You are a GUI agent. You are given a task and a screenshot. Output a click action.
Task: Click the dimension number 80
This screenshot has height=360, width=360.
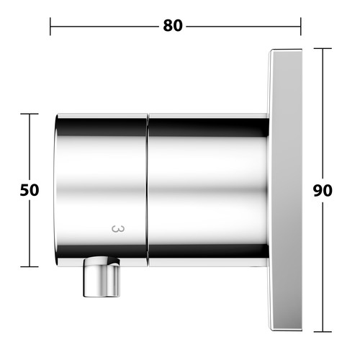[173, 26]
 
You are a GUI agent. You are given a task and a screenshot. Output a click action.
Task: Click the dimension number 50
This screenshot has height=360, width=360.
[30, 190]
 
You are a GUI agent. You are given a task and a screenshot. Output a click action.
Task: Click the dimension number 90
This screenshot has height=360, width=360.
[323, 191]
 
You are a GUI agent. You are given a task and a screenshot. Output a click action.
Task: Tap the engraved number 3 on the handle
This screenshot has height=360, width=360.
[118, 229]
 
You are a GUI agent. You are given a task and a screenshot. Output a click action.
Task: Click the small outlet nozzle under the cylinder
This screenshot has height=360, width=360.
[102, 276]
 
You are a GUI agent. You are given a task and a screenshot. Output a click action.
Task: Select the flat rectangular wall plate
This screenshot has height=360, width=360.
[285, 190]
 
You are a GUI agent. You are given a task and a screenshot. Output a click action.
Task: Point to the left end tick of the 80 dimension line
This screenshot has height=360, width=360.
[50, 27]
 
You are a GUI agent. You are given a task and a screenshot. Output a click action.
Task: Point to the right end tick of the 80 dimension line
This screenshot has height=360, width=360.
[300, 27]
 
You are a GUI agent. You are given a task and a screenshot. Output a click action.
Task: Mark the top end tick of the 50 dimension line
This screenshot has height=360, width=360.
[30, 114]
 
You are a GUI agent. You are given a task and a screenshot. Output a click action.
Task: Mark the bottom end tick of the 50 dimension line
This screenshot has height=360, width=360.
[30, 266]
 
